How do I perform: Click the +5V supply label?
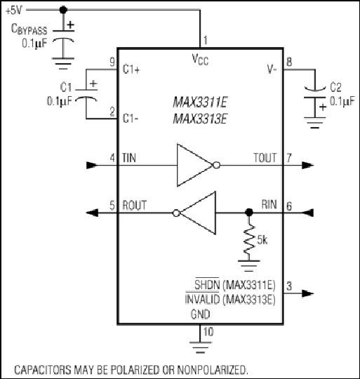13,11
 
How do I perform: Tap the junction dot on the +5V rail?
63,10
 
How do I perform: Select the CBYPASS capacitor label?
29,29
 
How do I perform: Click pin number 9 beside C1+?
112,62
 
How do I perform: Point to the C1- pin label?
131,119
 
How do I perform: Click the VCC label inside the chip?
200,60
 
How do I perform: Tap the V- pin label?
272,69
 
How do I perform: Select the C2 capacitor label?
335,87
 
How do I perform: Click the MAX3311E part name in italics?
200,102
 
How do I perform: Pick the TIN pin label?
129,158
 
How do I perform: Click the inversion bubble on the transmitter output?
216,166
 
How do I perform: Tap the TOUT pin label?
265,158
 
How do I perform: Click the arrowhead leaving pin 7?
308,166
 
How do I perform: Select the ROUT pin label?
134,205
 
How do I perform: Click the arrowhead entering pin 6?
307,213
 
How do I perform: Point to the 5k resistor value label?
262,240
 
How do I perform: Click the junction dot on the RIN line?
249,213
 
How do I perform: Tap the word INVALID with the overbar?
202,300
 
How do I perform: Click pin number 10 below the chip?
208,331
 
